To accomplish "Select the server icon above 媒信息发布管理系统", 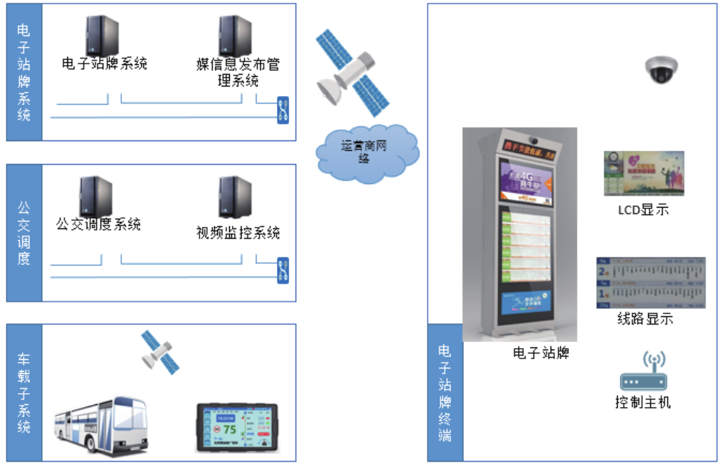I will [x=235, y=35].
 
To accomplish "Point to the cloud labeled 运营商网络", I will [x=365, y=152].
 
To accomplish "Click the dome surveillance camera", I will [x=661, y=70].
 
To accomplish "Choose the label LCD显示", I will [x=643, y=210].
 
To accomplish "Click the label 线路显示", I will [x=645, y=319].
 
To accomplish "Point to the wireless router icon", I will [x=642, y=372].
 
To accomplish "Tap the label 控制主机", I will [x=642, y=403].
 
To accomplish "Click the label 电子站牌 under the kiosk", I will [x=541, y=352].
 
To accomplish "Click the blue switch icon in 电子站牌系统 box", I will [x=282, y=109].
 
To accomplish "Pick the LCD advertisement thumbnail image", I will [x=643, y=174].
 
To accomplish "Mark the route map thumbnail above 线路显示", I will [x=650, y=283].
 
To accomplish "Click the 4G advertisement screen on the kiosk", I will [x=526, y=183].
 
